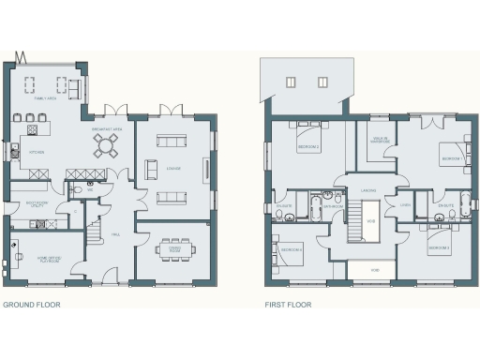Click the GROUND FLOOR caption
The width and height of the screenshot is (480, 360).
26,305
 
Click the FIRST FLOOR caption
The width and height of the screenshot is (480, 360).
288,305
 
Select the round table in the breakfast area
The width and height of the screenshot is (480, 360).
105,144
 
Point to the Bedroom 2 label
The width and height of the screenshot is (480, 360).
309,147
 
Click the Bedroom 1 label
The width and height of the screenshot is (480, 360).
450,159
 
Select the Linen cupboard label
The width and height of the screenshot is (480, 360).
405,204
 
